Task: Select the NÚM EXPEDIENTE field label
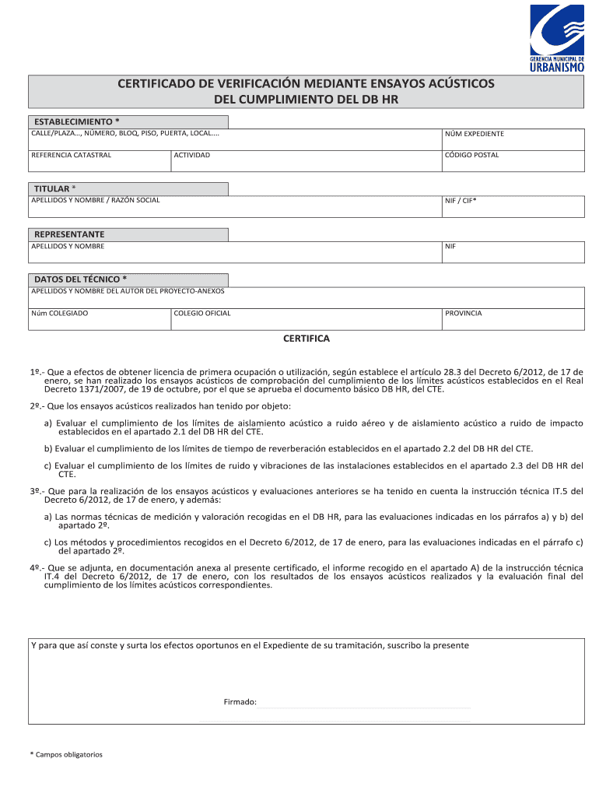point(474,134)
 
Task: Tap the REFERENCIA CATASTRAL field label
point(71,155)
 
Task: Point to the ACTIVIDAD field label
point(191,155)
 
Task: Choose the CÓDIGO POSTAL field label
point(471,155)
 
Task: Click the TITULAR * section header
point(54,189)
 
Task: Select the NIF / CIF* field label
point(461,201)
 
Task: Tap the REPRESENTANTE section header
point(68,234)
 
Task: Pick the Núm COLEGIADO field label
point(59,313)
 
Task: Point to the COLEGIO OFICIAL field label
point(202,313)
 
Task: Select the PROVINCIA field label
point(463,313)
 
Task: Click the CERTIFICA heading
point(307,339)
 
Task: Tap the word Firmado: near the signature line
point(240,702)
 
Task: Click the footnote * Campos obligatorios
point(66,754)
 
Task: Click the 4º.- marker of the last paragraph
point(37,568)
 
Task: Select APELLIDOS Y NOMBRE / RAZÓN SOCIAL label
point(96,201)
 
